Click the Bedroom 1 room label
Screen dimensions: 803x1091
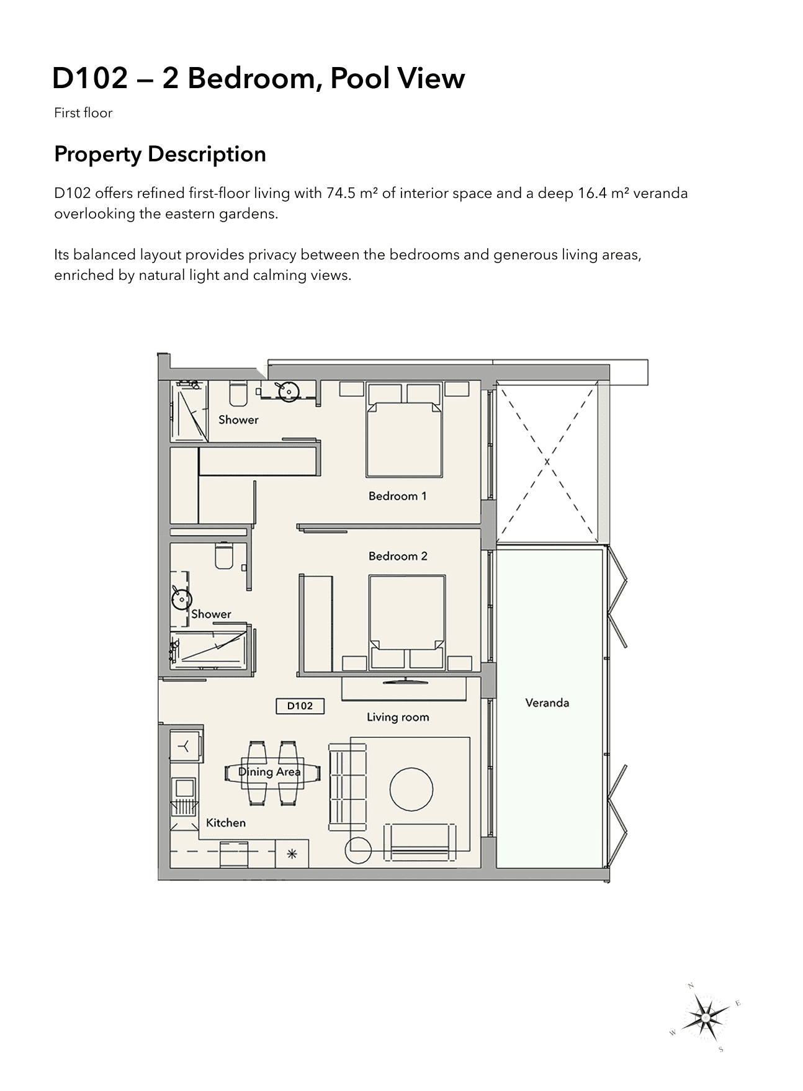tap(397, 496)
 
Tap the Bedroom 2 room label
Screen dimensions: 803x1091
tap(398, 556)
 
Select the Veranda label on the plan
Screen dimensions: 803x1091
tap(547, 703)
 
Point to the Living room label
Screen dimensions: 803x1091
tap(398, 717)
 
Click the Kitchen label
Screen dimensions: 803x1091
tap(226, 822)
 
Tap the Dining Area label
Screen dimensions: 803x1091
tap(269, 772)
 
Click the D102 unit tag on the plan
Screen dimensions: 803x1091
tap(300, 706)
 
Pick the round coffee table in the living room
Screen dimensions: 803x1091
tap(411, 789)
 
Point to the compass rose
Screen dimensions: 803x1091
tap(706, 1018)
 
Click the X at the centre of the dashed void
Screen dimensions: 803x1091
tap(547, 462)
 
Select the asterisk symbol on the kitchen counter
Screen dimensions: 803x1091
tap(292, 855)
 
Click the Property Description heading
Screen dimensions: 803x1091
tap(160, 155)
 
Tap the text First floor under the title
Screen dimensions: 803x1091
tap(83, 113)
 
